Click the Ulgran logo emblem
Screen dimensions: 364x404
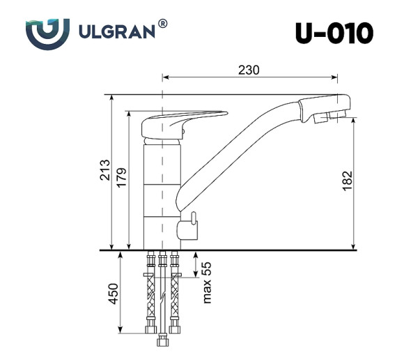47,32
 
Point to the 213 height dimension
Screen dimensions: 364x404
105,172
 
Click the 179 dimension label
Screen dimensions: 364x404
123,179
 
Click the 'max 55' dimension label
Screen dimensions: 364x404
206,283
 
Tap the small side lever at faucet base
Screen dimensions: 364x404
188,225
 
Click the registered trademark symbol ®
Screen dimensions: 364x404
162,23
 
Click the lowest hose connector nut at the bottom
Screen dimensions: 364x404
164,343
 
